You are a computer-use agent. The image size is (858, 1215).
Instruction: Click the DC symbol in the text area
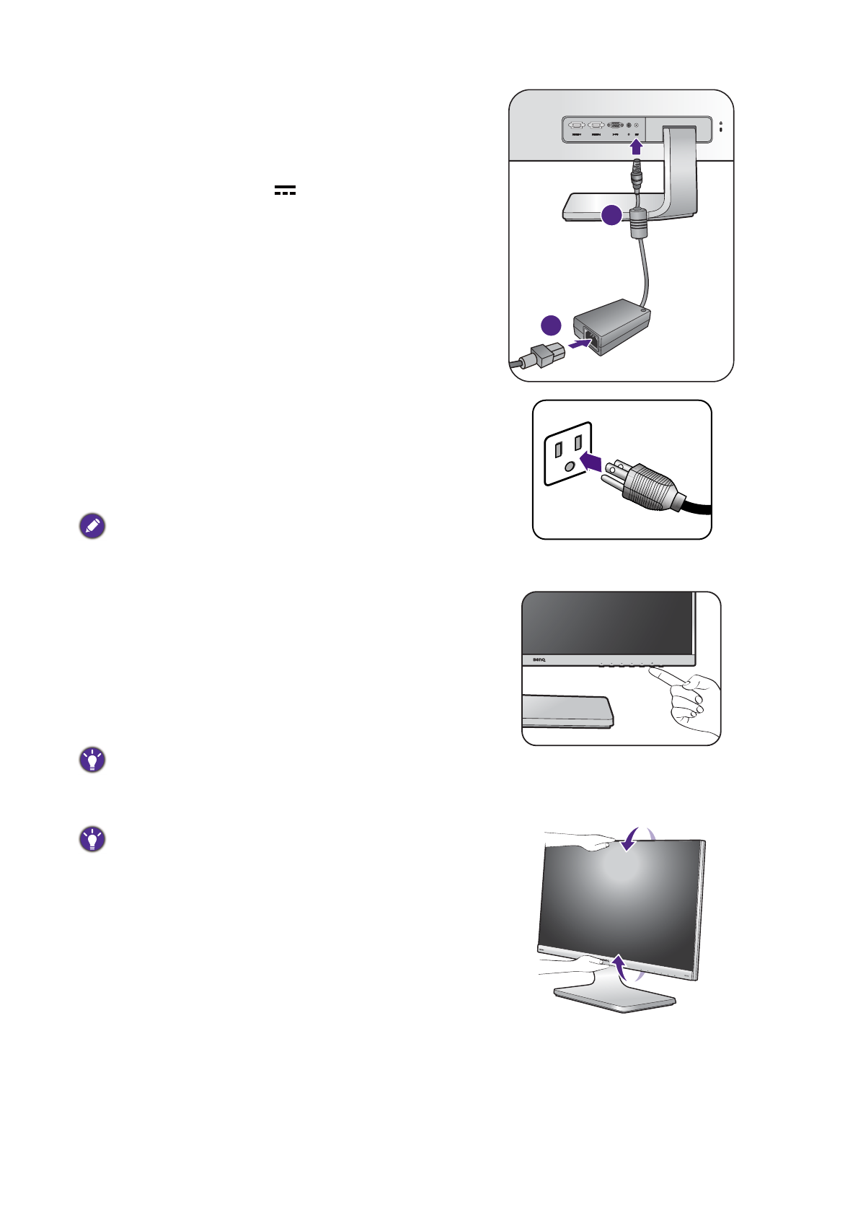click(285, 190)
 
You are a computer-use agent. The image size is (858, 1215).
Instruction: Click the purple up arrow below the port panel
click(636, 147)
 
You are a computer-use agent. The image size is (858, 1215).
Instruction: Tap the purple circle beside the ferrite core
click(611, 214)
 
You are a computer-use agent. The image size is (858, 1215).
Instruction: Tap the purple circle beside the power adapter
click(551, 325)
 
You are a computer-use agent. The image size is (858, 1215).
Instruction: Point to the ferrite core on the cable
click(638, 224)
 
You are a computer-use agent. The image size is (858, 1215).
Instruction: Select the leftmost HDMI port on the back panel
click(577, 125)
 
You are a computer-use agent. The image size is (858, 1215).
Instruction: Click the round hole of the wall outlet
click(570, 467)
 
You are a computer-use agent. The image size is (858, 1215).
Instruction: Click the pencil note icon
click(92, 527)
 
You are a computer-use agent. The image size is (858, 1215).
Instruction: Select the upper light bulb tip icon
click(92, 760)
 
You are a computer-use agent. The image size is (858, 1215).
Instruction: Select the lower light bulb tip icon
click(92, 839)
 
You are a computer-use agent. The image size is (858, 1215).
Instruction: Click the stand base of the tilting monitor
click(615, 999)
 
